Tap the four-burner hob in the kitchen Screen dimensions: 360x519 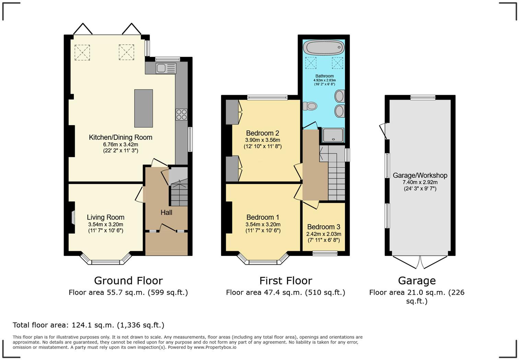182,114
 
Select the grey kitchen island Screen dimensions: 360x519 143,108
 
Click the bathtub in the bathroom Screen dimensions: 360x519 324,47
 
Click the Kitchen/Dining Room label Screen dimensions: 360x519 120,137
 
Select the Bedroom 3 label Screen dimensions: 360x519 324,227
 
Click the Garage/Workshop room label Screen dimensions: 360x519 420,175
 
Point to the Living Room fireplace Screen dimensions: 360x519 73,217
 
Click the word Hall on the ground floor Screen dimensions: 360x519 166,213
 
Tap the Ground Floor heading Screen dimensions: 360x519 128,281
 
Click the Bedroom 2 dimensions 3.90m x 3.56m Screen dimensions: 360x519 263,140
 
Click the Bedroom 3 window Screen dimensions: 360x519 325,253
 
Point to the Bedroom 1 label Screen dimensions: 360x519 263,217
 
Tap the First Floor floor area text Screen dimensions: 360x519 285,293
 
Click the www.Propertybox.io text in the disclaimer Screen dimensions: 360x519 215,347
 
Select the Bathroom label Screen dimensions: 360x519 324,76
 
